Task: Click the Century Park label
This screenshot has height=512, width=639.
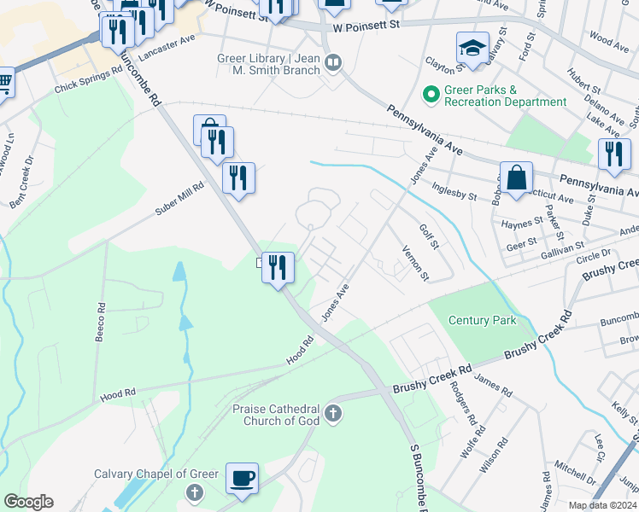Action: click(x=483, y=320)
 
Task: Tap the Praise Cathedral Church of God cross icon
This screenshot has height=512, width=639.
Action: click(x=334, y=416)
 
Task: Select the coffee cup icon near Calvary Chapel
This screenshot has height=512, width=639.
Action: click(x=242, y=477)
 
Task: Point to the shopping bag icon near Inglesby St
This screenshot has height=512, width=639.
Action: click(x=516, y=178)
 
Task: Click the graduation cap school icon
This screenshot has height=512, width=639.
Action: click(x=472, y=48)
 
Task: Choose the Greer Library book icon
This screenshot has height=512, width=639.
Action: click(x=333, y=61)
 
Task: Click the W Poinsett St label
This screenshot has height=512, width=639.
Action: click(x=366, y=27)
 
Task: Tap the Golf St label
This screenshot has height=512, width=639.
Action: click(x=428, y=236)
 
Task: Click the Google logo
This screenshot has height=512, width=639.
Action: click(x=28, y=502)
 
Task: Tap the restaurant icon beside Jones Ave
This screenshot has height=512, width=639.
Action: click(x=278, y=268)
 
